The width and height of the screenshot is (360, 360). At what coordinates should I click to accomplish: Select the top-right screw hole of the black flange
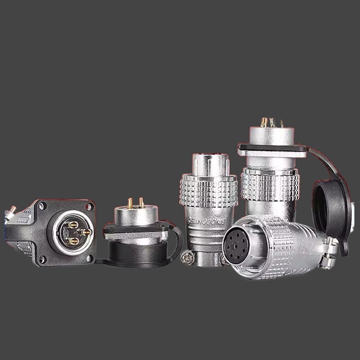(x=89, y=206)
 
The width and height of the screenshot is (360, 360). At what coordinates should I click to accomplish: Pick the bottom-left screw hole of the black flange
(x=42, y=258)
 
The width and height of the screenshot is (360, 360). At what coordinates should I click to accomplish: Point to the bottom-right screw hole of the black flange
(x=89, y=258)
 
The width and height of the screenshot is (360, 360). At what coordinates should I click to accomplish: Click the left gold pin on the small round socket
(x=130, y=202)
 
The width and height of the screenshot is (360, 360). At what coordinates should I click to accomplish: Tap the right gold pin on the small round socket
(x=141, y=202)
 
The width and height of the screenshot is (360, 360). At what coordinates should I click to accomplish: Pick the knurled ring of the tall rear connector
(x=270, y=185)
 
